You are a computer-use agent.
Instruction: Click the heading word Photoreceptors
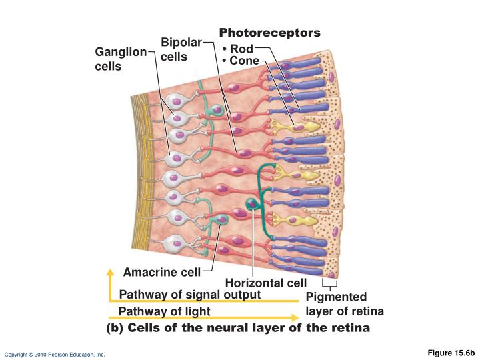coord(270,33)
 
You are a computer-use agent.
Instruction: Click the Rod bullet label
coord(238,49)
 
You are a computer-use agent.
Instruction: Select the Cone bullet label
coord(241,61)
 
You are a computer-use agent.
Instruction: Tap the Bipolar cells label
coord(181,49)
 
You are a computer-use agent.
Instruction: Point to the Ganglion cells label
coord(121,59)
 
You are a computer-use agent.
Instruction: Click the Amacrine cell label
coord(162,272)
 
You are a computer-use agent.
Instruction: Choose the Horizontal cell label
coord(266,283)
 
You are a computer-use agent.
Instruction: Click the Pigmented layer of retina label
coord(345,304)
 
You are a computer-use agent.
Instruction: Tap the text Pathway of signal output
coord(190,295)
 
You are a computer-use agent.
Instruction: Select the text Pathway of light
coord(165,311)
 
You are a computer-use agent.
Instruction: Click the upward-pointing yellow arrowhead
coord(110,272)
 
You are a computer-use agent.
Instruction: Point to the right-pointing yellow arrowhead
coord(295,318)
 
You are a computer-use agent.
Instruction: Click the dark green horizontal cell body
coord(252,203)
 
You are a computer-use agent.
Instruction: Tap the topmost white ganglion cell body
coord(177,101)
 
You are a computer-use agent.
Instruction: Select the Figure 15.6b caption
coord(451,353)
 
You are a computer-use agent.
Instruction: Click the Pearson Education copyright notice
coord(55,355)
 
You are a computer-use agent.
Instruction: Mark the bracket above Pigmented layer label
coord(330,283)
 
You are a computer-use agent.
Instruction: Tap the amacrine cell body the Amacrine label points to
coord(221,219)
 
